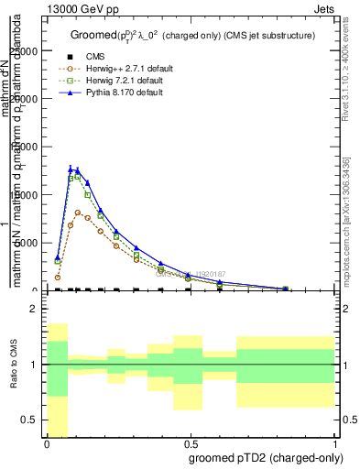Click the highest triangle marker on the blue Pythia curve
(x=71, y=169)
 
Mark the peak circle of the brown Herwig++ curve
(x=78, y=213)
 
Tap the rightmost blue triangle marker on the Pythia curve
(x=286, y=288)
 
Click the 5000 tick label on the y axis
(x=28, y=243)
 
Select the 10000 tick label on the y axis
(x=26, y=195)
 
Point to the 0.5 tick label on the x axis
(x=190, y=443)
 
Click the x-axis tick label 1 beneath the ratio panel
(x=334, y=443)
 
